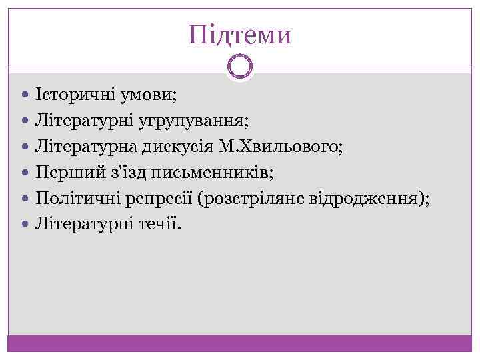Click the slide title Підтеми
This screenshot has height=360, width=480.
pos(240,34)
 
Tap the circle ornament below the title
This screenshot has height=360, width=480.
pos(240,67)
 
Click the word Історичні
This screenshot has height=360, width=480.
pos(77,95)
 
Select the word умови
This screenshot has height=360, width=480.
pos(149,95)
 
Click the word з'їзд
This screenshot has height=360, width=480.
pos(121,173)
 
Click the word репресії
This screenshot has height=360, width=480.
pos(163,198)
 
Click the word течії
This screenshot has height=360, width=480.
pos(159,224)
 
